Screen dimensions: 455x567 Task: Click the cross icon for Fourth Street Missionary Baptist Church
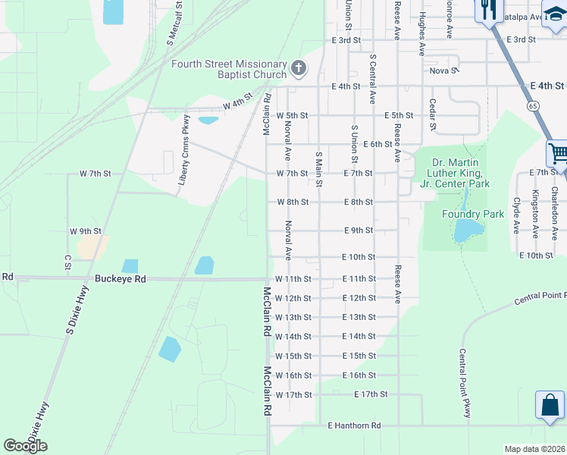(299, 69)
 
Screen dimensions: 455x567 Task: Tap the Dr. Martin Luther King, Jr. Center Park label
(460, 173)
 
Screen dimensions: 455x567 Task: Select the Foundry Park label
(473, 215)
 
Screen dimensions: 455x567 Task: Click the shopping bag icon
(550, 406)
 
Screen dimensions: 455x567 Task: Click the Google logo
(25, 446)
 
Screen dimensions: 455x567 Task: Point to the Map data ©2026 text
(534, 449)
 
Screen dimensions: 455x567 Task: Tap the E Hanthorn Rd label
(354, 426)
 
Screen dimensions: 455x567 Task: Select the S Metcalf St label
(172, 25)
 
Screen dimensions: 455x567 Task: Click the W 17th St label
(293, 395)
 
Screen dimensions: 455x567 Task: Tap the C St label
(67, 262)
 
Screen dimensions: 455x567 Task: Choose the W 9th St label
(85, 231)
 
